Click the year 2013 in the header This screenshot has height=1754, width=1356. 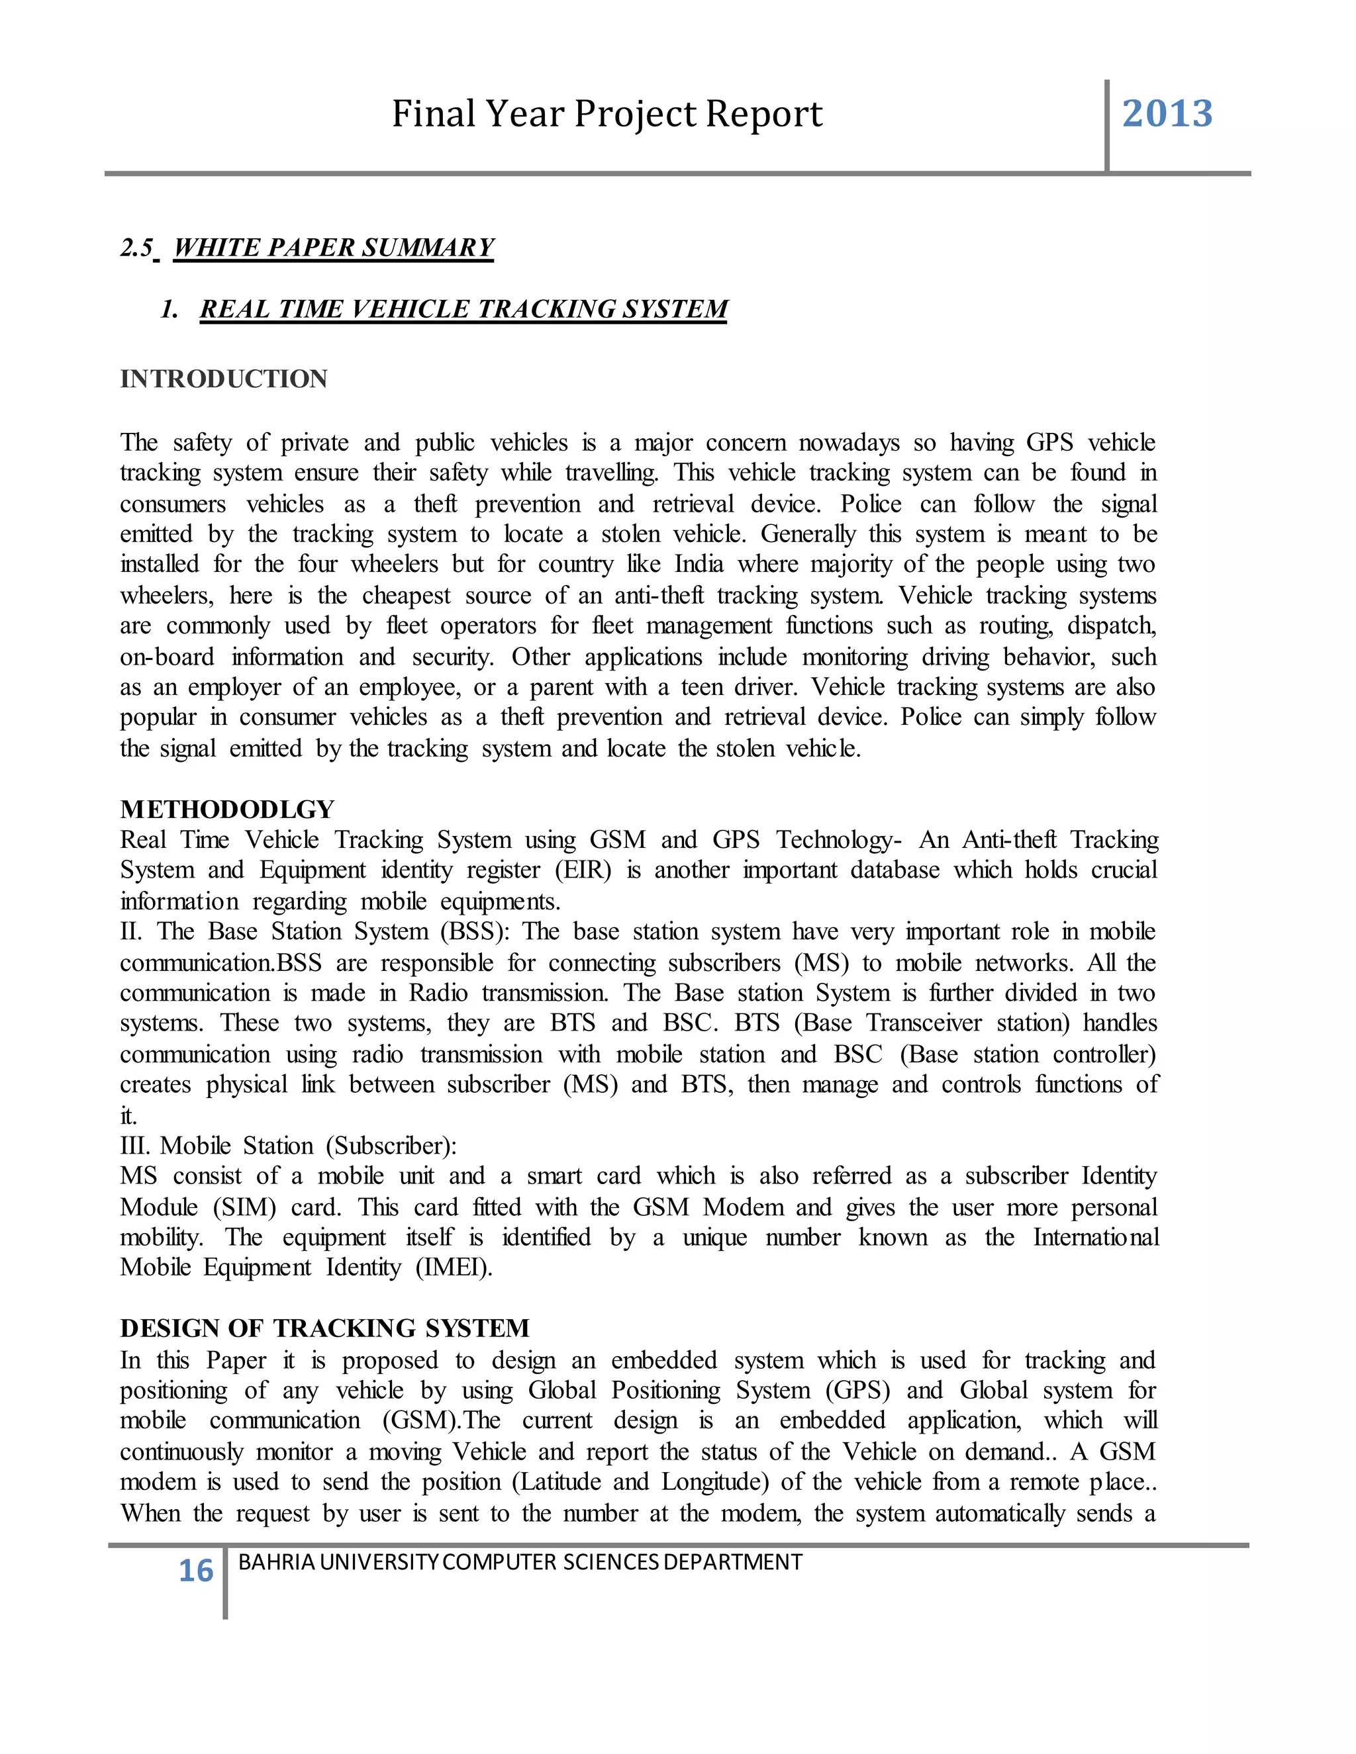[1167, 114]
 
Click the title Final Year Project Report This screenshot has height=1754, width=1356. [606, 114]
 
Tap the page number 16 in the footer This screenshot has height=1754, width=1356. [195, 1571]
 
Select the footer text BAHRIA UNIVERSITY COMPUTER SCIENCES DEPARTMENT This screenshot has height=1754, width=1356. [520, 1562]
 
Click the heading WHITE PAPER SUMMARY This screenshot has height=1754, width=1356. [334, 248]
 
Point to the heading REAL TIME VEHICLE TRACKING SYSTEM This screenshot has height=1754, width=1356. [463, 309]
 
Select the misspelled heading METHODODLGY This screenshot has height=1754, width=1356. [227, 809]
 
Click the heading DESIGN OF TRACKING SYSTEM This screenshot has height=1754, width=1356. [324, 1328]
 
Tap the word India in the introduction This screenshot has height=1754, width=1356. [699, 565]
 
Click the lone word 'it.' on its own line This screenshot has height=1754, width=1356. [128, 1115]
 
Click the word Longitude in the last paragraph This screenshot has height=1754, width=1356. [711, 1482]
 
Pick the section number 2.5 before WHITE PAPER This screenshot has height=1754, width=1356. [136, 248]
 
